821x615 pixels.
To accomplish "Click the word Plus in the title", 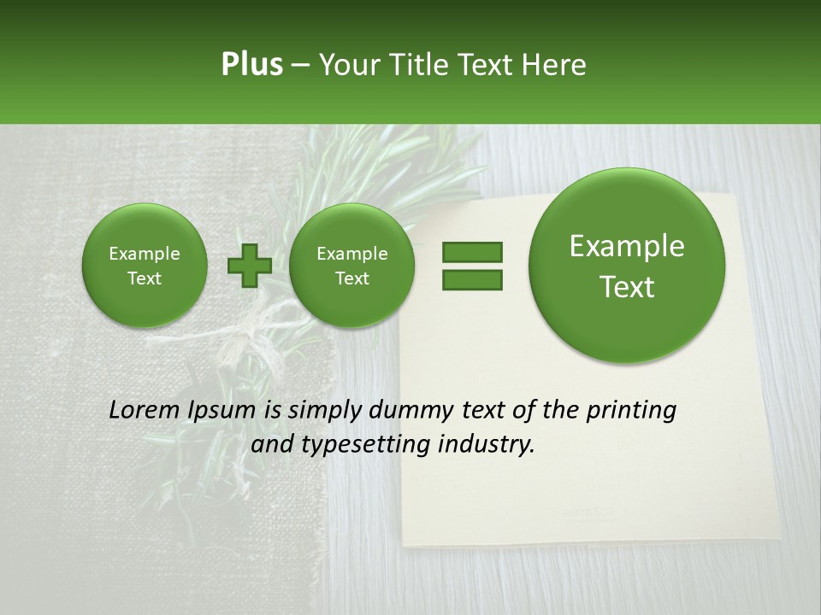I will pyautogui.click(x=251, y=65).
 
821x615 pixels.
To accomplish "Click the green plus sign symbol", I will pyautogui.click(x=249, y=266).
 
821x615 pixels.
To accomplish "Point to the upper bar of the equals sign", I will pyautogui.click(x=472, y=252).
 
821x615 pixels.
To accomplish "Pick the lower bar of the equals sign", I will pyautogui.click(x=472, y=280).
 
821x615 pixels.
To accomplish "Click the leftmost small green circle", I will pyautogui.click(x=144, y=266).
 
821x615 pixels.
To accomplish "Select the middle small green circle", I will pyautogui.click(x=351, y=266).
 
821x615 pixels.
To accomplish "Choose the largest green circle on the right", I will pyautogui.click(x=627, y=266).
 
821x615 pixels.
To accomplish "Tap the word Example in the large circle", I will pyautogui.click(x=627, y=246).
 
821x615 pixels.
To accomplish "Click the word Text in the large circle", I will pyautogui.click(x=627, y=287).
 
